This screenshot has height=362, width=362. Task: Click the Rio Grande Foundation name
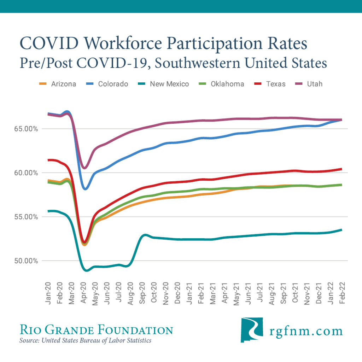pos(96,330)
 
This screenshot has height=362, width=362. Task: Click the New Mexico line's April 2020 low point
pos(86,270)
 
